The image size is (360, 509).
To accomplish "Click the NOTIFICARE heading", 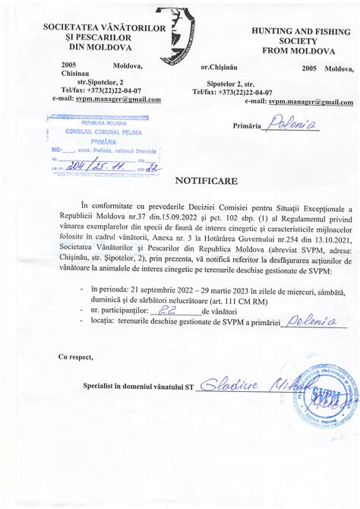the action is (206, 182).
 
